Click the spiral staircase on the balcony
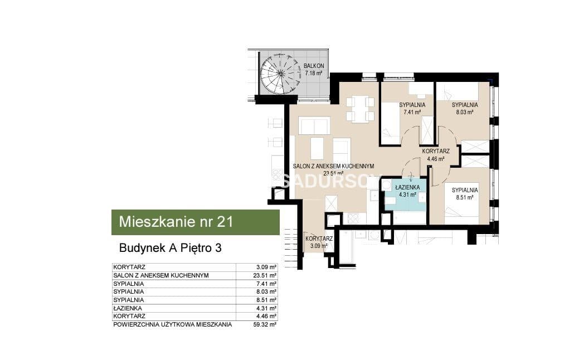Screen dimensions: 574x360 [280, 73]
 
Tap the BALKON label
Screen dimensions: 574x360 [314, 66]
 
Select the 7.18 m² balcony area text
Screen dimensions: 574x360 [314, 73]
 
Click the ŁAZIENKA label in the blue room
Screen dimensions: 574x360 [407, 187]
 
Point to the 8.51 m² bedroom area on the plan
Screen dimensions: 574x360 [465, 197]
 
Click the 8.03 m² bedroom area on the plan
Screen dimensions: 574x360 [465, 112]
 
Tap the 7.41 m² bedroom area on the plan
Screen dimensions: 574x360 [412, 112]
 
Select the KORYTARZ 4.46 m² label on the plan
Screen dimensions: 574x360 [436, 155]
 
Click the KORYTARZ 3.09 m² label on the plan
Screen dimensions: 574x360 [319, 242]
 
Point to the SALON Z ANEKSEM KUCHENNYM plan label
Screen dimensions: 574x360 [333, 166]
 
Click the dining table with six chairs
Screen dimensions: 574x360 [360, 109]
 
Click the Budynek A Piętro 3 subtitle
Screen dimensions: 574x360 [170, 248]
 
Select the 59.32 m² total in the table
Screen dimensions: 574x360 [265, 324]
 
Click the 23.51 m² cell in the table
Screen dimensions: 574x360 [265, 275]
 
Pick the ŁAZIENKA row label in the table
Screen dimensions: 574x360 [128, 308]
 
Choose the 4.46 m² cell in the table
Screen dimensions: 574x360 [266, 316]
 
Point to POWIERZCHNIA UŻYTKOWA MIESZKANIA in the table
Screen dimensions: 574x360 [172, 324]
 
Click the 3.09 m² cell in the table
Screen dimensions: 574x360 [266, 267]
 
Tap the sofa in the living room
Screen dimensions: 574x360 [314, 125]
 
